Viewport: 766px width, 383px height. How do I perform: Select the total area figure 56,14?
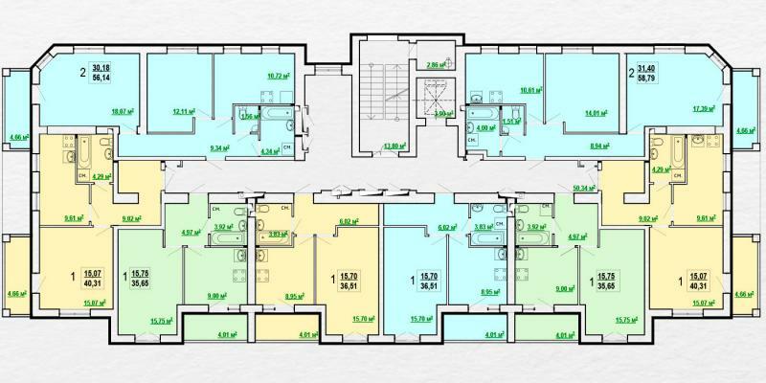click(x=101, y=81)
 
